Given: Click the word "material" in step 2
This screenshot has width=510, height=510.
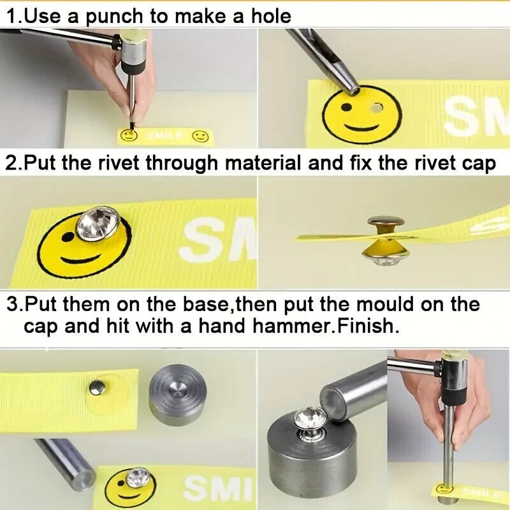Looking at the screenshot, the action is [x=263, y=162].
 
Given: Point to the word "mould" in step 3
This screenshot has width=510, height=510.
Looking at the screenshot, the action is [x=385, y=304].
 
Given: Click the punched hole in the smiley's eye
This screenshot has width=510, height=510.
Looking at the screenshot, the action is [x=377, y=107].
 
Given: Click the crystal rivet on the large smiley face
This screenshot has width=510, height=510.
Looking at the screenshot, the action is [x=98, y=224].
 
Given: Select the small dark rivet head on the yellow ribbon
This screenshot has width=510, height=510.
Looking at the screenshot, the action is [x=98, y=388].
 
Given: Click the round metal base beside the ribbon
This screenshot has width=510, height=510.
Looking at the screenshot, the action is [x=178, y=395].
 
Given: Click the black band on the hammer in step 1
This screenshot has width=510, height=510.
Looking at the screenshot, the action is [x=133, y=68].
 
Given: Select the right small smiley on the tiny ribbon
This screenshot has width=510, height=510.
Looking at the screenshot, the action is [x=200, y=136].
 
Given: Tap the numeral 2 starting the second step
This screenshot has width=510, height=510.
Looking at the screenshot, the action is [x=11, y=162].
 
